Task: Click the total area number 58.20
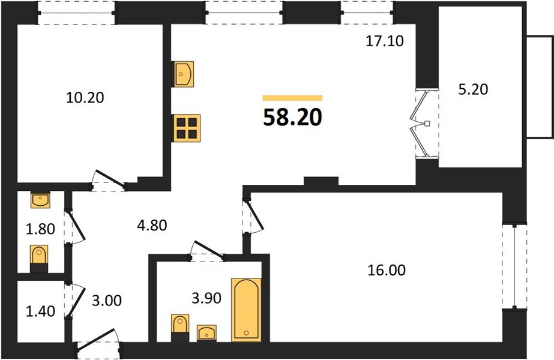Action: (x=292, y=117)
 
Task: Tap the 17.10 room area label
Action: (x=384, y=41)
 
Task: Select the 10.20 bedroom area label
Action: (x=85, y=98)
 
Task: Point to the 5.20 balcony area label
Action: (x=473, y=89)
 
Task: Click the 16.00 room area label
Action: (x=387, y=270)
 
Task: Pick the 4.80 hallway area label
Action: (x=152, y=225)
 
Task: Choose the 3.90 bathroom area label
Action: (x=206, y=298)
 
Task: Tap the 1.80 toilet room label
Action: (x=40, y=229)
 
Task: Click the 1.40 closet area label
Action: (x=40, y=311)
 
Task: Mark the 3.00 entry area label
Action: (x=107, y=301)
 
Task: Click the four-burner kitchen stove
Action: (x=186, y=128)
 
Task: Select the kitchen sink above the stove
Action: (x=183, y=74)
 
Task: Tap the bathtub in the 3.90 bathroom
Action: (x=246, y=310)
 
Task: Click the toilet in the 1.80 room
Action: (x=39, y=259)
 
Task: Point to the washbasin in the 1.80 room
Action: (x=40, y=200)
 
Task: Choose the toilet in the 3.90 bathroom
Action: (x=180, y=328)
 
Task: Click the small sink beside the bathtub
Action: (x=206, y=333)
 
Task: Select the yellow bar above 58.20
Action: (x=292, y=98)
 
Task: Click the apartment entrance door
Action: (x=97, y=340)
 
